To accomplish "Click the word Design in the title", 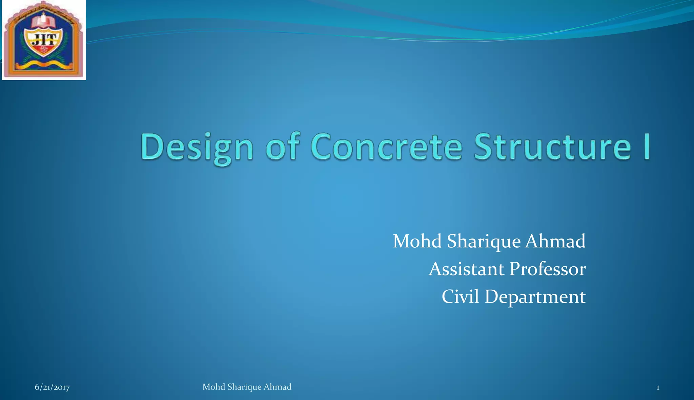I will point(197,148).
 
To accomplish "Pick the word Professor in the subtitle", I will point(547,269).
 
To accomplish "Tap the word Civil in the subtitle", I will point(460,297).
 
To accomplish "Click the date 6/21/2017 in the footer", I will point(52,387).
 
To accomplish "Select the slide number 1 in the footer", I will point(658,387).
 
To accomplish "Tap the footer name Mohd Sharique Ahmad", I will point(247,387).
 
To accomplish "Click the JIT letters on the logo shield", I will point(44,40).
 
